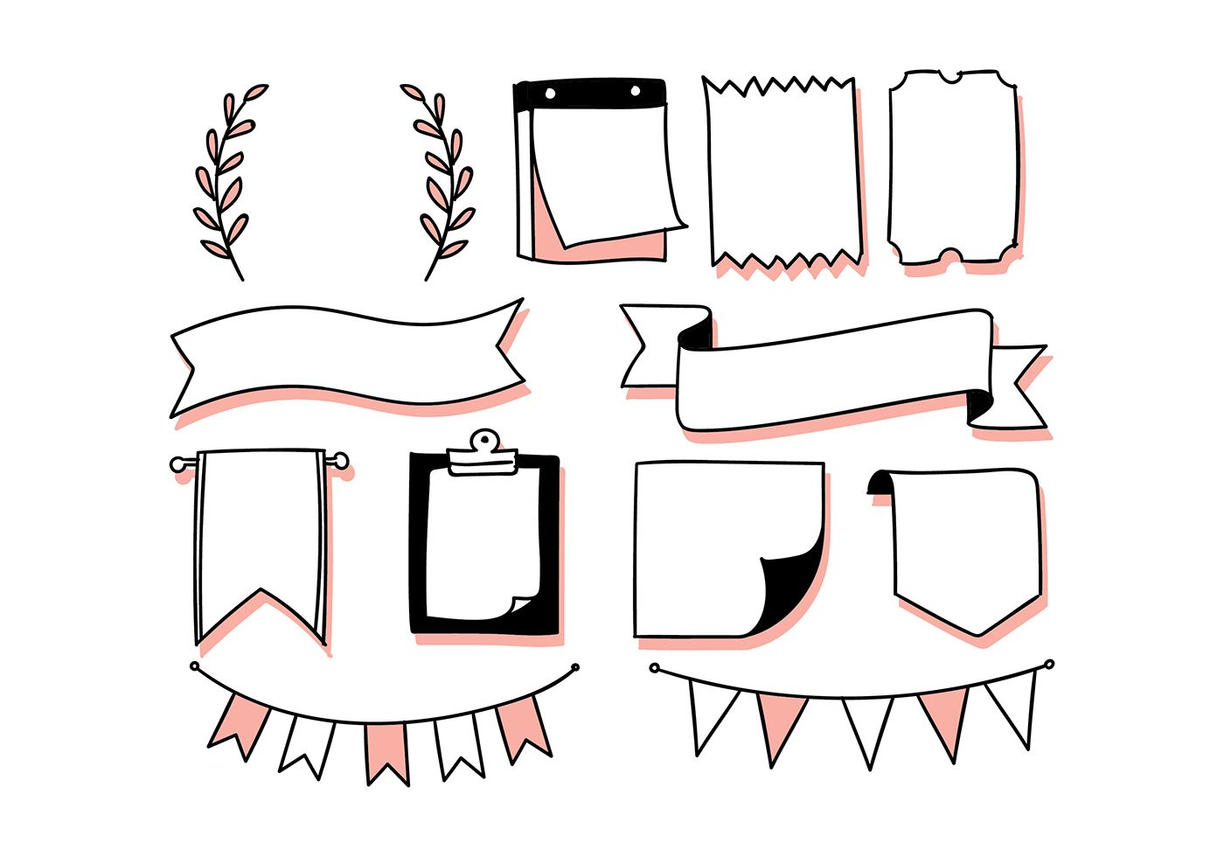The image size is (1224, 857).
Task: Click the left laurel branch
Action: click(x=226, y=184)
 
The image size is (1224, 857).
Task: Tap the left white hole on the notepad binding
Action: click(x=550, y=92)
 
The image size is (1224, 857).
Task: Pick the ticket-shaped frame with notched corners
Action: click(x=953, y=166)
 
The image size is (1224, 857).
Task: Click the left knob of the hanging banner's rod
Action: click(x=178, y=463)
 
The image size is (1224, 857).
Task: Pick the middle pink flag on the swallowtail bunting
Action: click(x=386, y=750)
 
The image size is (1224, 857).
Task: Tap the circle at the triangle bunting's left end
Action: click(x=655, y=668)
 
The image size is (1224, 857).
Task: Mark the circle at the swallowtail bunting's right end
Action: click(x=574, y=668)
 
